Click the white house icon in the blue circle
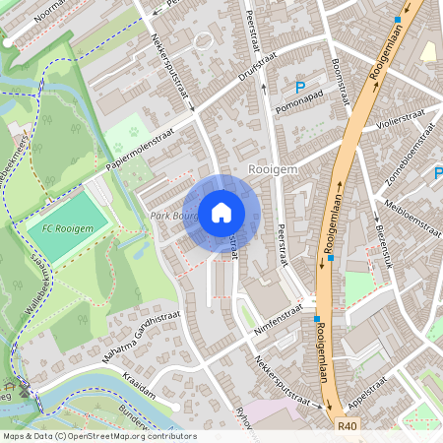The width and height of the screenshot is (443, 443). click(x=221, y=212)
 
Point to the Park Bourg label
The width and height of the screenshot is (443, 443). click(x=172, y=215)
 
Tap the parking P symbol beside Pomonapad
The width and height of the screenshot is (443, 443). click(x=285, y=87)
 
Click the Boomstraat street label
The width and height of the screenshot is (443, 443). click(x=342, y=79)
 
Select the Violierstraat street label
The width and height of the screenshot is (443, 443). click(x=405, y=127)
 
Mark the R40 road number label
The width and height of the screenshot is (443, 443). click(x=347, y=426)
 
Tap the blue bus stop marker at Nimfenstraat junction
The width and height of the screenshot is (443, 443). click(x=317, y=319)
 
